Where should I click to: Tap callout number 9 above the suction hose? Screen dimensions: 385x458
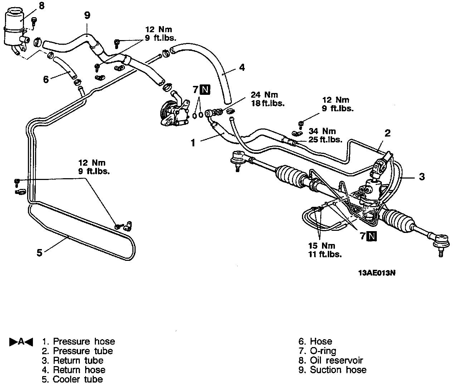pyautogui.click(x=87, y=15)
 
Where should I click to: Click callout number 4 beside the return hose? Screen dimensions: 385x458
pyautogui.click(x=242, y=67)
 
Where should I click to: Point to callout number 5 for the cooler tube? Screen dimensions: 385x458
pyautogui.click(x=39, y=253)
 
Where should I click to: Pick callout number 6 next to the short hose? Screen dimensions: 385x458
pyautogui.click(x=46, y=79)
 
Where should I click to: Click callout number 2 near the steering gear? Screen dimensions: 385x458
pyautogui.click(x=388, y=133)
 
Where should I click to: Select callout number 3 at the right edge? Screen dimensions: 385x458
pyautogui.click(x=422, y=176)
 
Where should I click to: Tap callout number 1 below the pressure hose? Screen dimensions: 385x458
pyautogui.click(x=193, y=143)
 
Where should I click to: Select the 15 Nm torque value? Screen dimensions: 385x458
pyautogui.click(x=322, y=246)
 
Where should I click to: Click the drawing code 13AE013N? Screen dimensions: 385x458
pyautogui.click(x=377, y=273)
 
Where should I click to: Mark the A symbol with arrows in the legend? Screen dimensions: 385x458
pyautogui.click(x=21, y=342)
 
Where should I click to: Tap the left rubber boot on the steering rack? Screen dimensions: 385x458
pyautogui.click(x=290, y=176)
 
